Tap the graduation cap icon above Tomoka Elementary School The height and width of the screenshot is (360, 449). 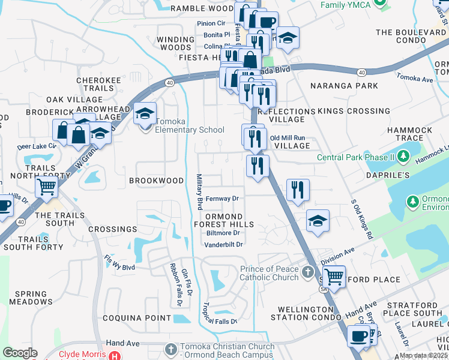pyautogui.click(x=145, y=113)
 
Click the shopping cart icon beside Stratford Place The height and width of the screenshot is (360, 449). pyautogui.click(x=334, y=276)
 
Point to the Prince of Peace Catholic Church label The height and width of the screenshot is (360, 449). pyautogui.click(x=269, y=273)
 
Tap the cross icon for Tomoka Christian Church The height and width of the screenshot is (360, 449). pyautogui.click(x=170, y=349)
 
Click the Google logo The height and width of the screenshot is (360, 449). pyautogui.click(x=20, y=353)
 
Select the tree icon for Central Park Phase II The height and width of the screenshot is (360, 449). pyautogui.click(x=403, y=158)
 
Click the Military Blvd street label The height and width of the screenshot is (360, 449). pyautogui.click(x=199, y=191)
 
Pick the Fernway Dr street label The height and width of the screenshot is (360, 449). pyautogui.click(x=222, y=198)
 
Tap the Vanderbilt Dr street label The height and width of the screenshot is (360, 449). pyautogui.click(x=223, y=244)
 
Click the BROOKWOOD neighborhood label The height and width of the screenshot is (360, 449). pyautogui.click(x=156, y=181)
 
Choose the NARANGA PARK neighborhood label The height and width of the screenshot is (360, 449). pyautogui.click(x=336, y=86)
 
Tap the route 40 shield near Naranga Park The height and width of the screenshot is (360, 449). pyautogui.click(x=361, y=72)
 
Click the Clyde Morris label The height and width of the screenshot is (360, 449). pyautogui.click(x=82, y=354)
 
